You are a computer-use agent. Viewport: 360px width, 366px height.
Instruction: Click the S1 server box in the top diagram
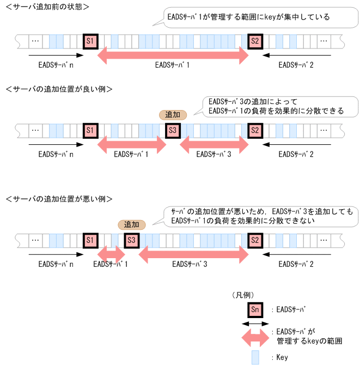click(90, 41)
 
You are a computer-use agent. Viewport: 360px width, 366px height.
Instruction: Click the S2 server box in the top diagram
click(255, 41)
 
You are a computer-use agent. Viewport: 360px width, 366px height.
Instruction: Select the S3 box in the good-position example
click(172, 131)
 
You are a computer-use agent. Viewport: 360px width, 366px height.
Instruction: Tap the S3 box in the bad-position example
click(131, 240)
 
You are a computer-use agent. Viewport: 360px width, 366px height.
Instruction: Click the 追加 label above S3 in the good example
click(173, 115)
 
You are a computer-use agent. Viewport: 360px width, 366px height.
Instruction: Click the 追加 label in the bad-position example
click(131, 224)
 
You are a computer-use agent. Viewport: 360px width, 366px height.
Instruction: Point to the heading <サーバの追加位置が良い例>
click(59, 88)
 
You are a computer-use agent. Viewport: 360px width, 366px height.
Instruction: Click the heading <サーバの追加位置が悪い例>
click(59, 198)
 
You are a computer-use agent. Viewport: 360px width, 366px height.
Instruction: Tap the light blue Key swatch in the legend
click(255, 357)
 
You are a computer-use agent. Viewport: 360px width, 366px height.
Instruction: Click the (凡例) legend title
click(242, 295)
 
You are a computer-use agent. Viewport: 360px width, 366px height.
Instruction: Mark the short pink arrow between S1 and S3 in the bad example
click(111, 253)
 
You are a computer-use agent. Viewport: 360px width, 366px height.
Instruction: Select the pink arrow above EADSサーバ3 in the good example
click(213, 144)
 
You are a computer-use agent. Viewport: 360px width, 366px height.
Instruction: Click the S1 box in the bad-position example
click(90, 240)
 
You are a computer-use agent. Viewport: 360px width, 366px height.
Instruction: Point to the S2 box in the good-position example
click(255, 131)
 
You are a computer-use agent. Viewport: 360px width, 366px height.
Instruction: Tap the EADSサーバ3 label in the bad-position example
click(189, 264)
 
